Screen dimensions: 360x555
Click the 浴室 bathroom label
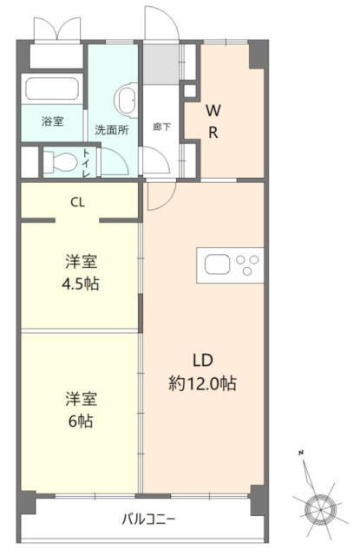click(53, 121)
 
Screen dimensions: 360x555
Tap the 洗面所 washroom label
click(112, 130)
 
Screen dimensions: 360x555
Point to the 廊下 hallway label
click(161, 127)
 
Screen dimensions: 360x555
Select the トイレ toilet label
click(86, 163)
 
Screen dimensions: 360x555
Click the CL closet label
click(77, 202)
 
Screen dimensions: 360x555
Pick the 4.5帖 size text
click(81, 284)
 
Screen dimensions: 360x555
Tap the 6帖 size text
click(81, 421)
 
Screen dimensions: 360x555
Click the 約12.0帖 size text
click(202, 383)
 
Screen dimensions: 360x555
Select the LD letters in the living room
click(203, 361)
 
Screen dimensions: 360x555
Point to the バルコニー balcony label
click(148, 519)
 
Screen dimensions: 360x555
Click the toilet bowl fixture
click(60, 163)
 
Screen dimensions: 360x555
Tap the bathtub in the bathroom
click(52, 88)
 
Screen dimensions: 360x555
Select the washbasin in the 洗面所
click(126, 100)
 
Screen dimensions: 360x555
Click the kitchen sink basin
click(217, 264)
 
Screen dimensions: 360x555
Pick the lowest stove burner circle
click(247, 271)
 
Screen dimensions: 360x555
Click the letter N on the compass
click(301, 452)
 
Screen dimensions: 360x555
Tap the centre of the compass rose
click(320, 509)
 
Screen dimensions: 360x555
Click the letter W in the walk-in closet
click(213, 111)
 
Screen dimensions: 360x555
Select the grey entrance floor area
click(160, 64)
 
